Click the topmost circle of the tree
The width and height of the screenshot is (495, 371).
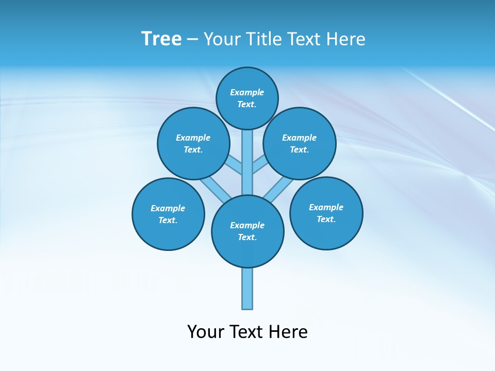(x=247, y=98)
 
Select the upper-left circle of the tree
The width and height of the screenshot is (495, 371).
(x=193, y=143)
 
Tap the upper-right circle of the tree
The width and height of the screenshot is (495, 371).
(x=300, y=143)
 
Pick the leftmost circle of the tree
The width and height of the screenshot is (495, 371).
(x=169, y=214)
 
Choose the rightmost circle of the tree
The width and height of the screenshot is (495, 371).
(x=326, y=213)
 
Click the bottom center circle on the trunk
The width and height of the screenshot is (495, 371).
(x=247, y=231)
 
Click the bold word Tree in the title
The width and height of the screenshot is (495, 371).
(x=161, y=39)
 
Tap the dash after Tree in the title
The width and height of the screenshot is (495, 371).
(x=192, y=39)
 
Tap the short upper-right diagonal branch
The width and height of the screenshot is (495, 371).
(x=260, y=165)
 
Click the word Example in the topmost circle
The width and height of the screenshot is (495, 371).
(x=247, y=92)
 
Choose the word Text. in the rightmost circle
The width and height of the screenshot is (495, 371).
(x=326, y=219)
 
